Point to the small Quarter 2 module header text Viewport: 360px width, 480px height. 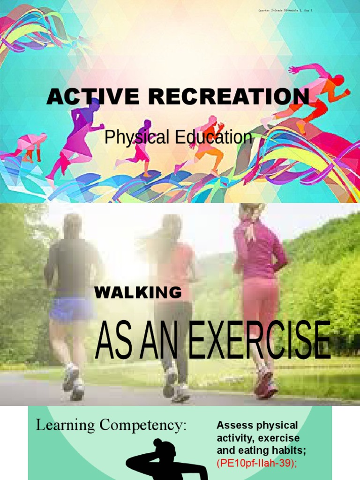click(285, 10)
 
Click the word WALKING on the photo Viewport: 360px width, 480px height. click(138, 293)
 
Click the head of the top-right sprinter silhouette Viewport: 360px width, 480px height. click(338, 80)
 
